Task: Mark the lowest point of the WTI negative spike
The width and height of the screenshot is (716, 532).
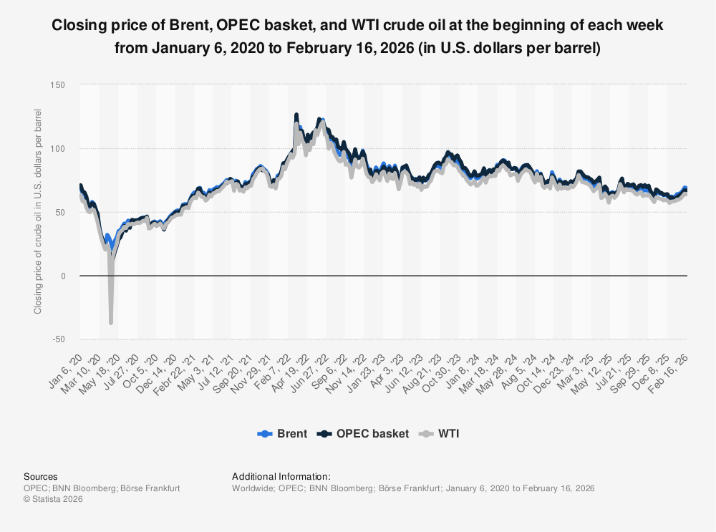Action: point(111,323)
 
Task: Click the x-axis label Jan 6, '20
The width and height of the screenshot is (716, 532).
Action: point(69,366)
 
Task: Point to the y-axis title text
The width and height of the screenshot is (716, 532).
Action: point(38,212)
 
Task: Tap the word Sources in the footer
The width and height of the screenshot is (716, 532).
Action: point(41,476)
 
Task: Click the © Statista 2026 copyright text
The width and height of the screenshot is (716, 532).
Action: point(53,499)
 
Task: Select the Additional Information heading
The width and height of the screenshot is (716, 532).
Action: point(281,476)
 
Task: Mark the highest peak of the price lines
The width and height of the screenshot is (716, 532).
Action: point(296,114)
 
